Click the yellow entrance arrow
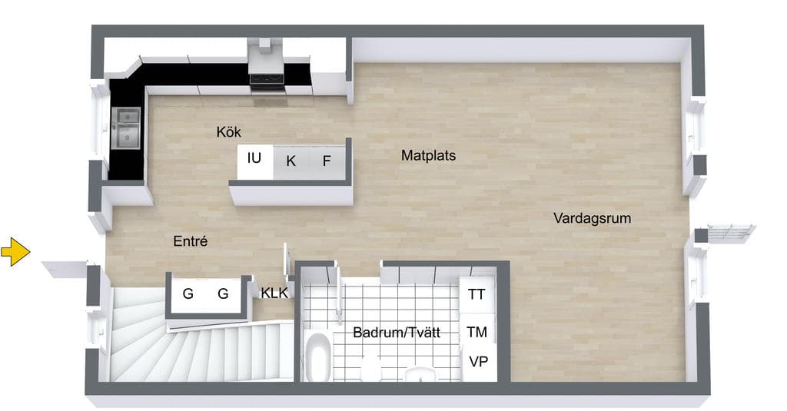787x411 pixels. click(x=15, y=251)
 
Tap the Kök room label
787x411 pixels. click(x=228, y=132)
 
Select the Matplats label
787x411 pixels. click(x=428, y=156)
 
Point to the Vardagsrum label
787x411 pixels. click(x=593, y=218)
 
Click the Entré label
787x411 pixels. click(x=191, y=241)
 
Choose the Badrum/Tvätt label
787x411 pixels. click(x=397, y=332)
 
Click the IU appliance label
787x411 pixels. click(x=254, y=158)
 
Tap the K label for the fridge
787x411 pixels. click(x=291, y=161)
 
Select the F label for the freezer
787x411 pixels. click(x=327, y=161)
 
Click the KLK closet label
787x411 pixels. click(x=274, y=293)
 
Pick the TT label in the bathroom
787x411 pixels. click(x=477, y=294)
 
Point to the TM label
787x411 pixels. click(x=477, y=332)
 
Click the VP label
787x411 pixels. click(x=478, y=361)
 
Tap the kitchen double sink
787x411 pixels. click(x=126, y=128)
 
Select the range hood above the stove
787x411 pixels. click(x=265, y=56)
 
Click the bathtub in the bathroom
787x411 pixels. click(x=317, y=356)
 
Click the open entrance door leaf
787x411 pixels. click(x=65, y=268)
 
